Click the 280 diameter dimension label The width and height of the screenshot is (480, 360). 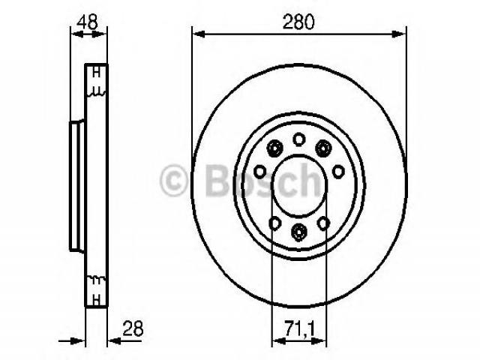298,22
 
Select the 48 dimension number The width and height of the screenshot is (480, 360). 87,22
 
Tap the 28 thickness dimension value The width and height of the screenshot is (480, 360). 133,329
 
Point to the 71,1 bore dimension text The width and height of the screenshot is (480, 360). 300,328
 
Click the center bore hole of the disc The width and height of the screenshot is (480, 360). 299,187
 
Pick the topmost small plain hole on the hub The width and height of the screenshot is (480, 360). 298,139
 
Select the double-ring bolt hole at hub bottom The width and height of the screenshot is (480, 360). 298,231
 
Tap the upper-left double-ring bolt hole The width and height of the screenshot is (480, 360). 274,148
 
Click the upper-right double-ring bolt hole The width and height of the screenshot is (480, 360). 323,148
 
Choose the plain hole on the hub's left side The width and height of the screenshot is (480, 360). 260,172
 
